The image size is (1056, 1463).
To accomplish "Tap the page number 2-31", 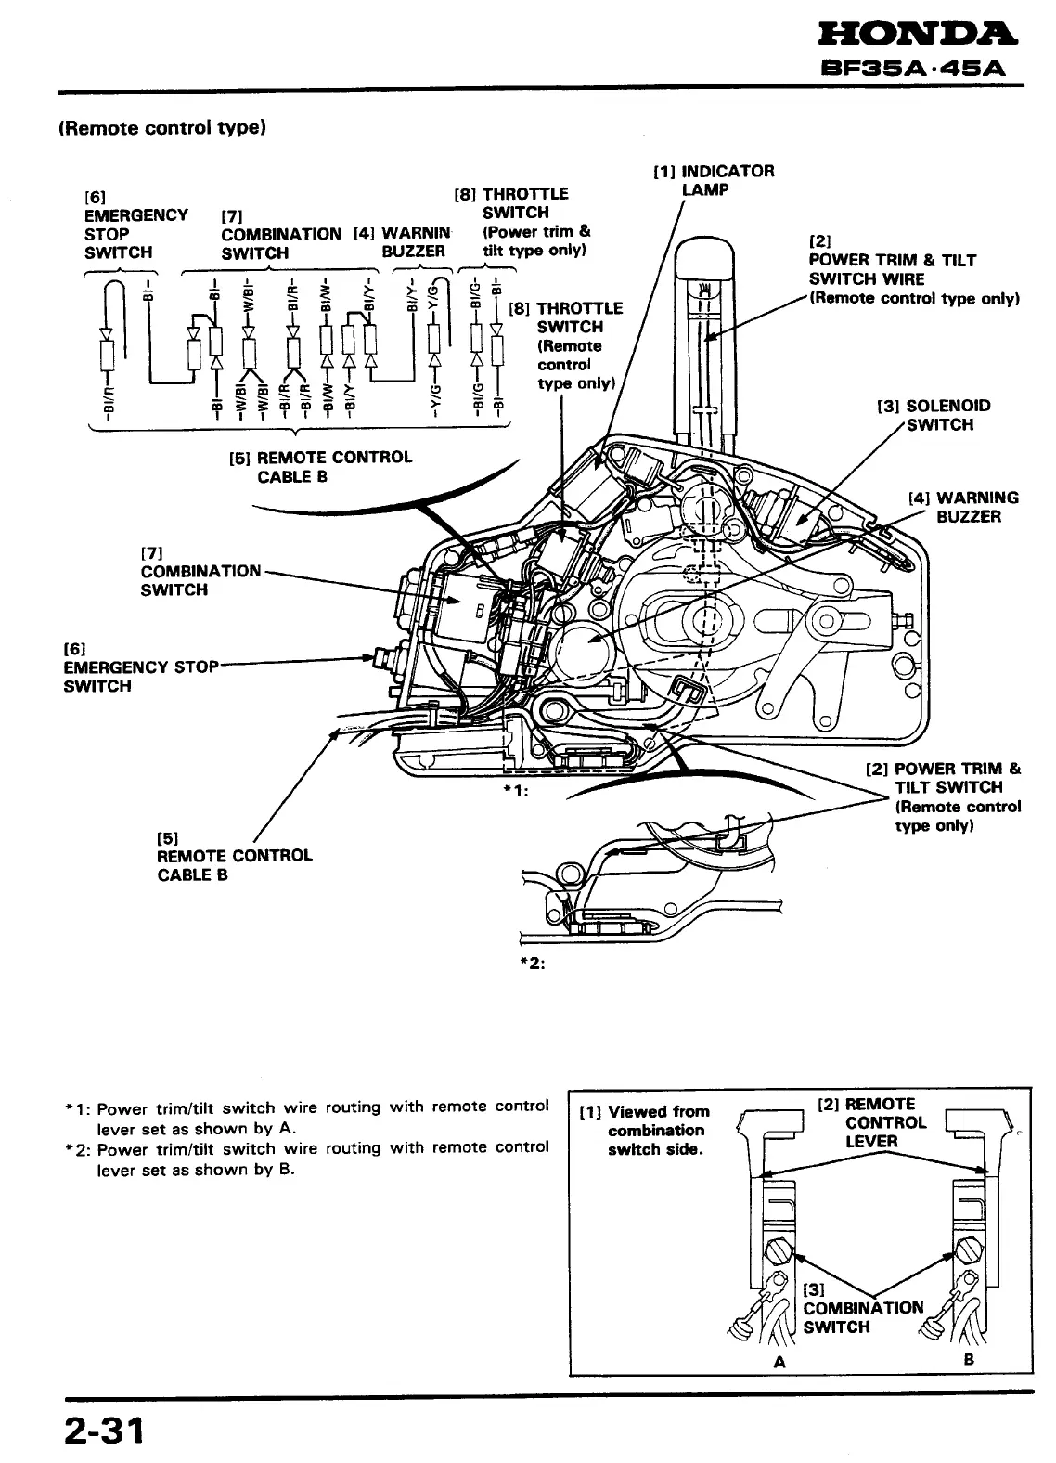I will point(105,1431).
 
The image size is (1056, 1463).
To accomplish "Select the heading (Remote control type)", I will point(162,128).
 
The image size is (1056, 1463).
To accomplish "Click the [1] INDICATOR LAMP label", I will point(714,180).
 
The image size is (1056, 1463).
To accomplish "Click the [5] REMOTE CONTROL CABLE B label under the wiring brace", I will point(320,467).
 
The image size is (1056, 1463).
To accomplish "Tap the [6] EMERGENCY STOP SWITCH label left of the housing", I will point(139,667).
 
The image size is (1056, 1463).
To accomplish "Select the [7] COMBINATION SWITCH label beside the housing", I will point(200,570).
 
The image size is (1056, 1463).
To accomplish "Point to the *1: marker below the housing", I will point(514,791).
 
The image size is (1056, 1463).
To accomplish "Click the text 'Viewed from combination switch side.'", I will point(655,1130).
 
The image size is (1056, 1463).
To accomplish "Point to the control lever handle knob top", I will point(707,253).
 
